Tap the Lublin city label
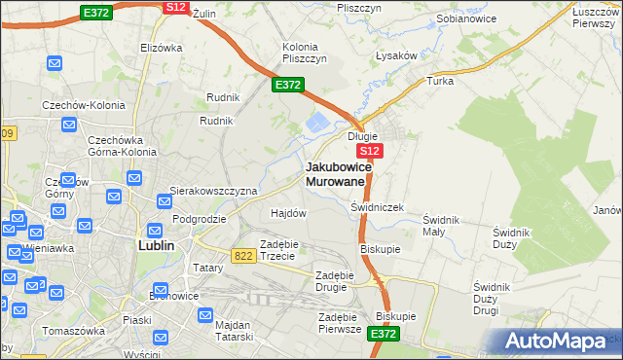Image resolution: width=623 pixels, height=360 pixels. point(152,246)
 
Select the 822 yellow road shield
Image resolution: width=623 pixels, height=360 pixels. point(244,255)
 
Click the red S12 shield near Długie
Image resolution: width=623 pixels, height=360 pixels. point(369,153)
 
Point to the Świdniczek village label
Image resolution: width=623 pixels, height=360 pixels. point(377,208)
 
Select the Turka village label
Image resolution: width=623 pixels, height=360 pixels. point(440,81)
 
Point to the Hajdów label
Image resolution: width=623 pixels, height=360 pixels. point(288,212)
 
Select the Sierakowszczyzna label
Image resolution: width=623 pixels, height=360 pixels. point(213,192)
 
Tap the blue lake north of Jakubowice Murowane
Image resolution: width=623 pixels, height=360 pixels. point(317,124)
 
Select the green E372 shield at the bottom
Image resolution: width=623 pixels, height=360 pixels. point(384,334)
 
